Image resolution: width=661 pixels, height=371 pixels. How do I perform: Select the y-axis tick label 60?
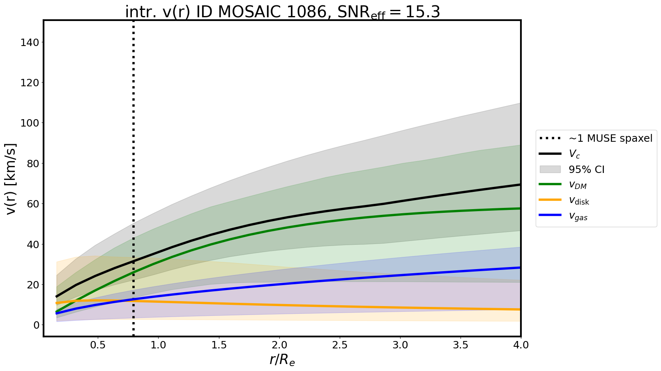30,204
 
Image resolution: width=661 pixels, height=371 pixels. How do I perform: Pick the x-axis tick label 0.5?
98,345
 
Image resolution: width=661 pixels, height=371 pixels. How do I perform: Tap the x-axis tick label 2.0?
279,345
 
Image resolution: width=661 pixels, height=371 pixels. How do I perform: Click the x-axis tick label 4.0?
521,345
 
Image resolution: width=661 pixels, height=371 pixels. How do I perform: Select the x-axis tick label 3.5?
460,345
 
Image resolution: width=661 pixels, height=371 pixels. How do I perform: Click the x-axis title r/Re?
282,360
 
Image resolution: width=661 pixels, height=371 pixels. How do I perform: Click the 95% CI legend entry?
586,169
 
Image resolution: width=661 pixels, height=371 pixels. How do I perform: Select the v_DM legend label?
578,185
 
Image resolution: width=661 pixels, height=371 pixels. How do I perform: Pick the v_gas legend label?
578,217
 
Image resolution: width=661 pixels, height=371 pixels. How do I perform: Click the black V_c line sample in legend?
550,154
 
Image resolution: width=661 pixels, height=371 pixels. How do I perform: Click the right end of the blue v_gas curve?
520,267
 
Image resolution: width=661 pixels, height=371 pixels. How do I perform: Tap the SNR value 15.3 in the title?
423,12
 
